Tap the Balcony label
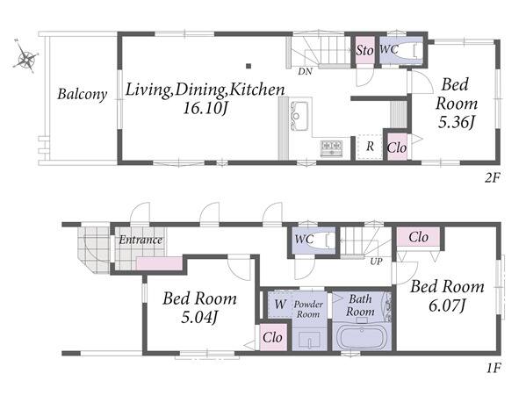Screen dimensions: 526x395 (x=83, y=94)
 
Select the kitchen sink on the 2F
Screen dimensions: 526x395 (x=299, y=116)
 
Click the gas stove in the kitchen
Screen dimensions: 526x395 (x=331, y=148)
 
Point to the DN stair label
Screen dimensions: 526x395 (x=305, y=71)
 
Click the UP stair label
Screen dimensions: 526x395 (x=376, y=261)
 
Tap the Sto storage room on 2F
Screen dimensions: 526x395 (x=364, y=50)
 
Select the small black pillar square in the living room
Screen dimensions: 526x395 (x=249, y=66)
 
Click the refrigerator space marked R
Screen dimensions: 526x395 (x=370, y=147)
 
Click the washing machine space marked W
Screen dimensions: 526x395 (x=280, y=304)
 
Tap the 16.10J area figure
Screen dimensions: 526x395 (x=205, y=108)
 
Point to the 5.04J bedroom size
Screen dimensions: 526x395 (x=199, y=317)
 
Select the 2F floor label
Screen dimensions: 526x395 (x=492, y=178)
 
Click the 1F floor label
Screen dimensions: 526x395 (x=493, y=369)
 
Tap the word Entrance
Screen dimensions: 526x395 (x=141, y=240)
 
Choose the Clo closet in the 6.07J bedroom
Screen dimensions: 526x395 (x=418, y=237)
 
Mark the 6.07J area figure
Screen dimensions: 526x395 (x=447, y=305)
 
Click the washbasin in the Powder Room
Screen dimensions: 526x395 (x=309, y=341)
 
